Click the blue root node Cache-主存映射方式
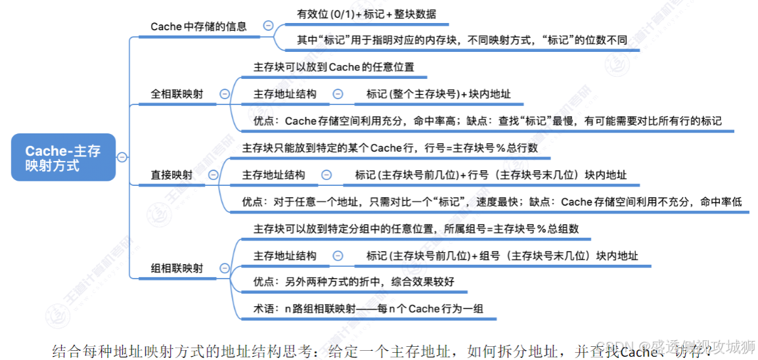[63, 158]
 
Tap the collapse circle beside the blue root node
[122, 157]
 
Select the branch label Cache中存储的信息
[198, 26]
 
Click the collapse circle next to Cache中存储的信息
[268, 26]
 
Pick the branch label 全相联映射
[177, 94]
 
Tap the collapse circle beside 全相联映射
[225, 94]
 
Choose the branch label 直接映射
[171, 175]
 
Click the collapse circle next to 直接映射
[213, 175]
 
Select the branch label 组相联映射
[177, 268]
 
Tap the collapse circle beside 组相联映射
[225, 268]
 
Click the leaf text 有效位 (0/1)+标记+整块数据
[367, 14]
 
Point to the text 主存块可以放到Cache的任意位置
[334, 66]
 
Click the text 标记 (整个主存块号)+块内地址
[438, 94]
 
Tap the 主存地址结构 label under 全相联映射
[284, 94]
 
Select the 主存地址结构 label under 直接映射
[273, 175]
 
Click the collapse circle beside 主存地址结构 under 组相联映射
[338, 256]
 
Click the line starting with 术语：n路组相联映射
[370, 308]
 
